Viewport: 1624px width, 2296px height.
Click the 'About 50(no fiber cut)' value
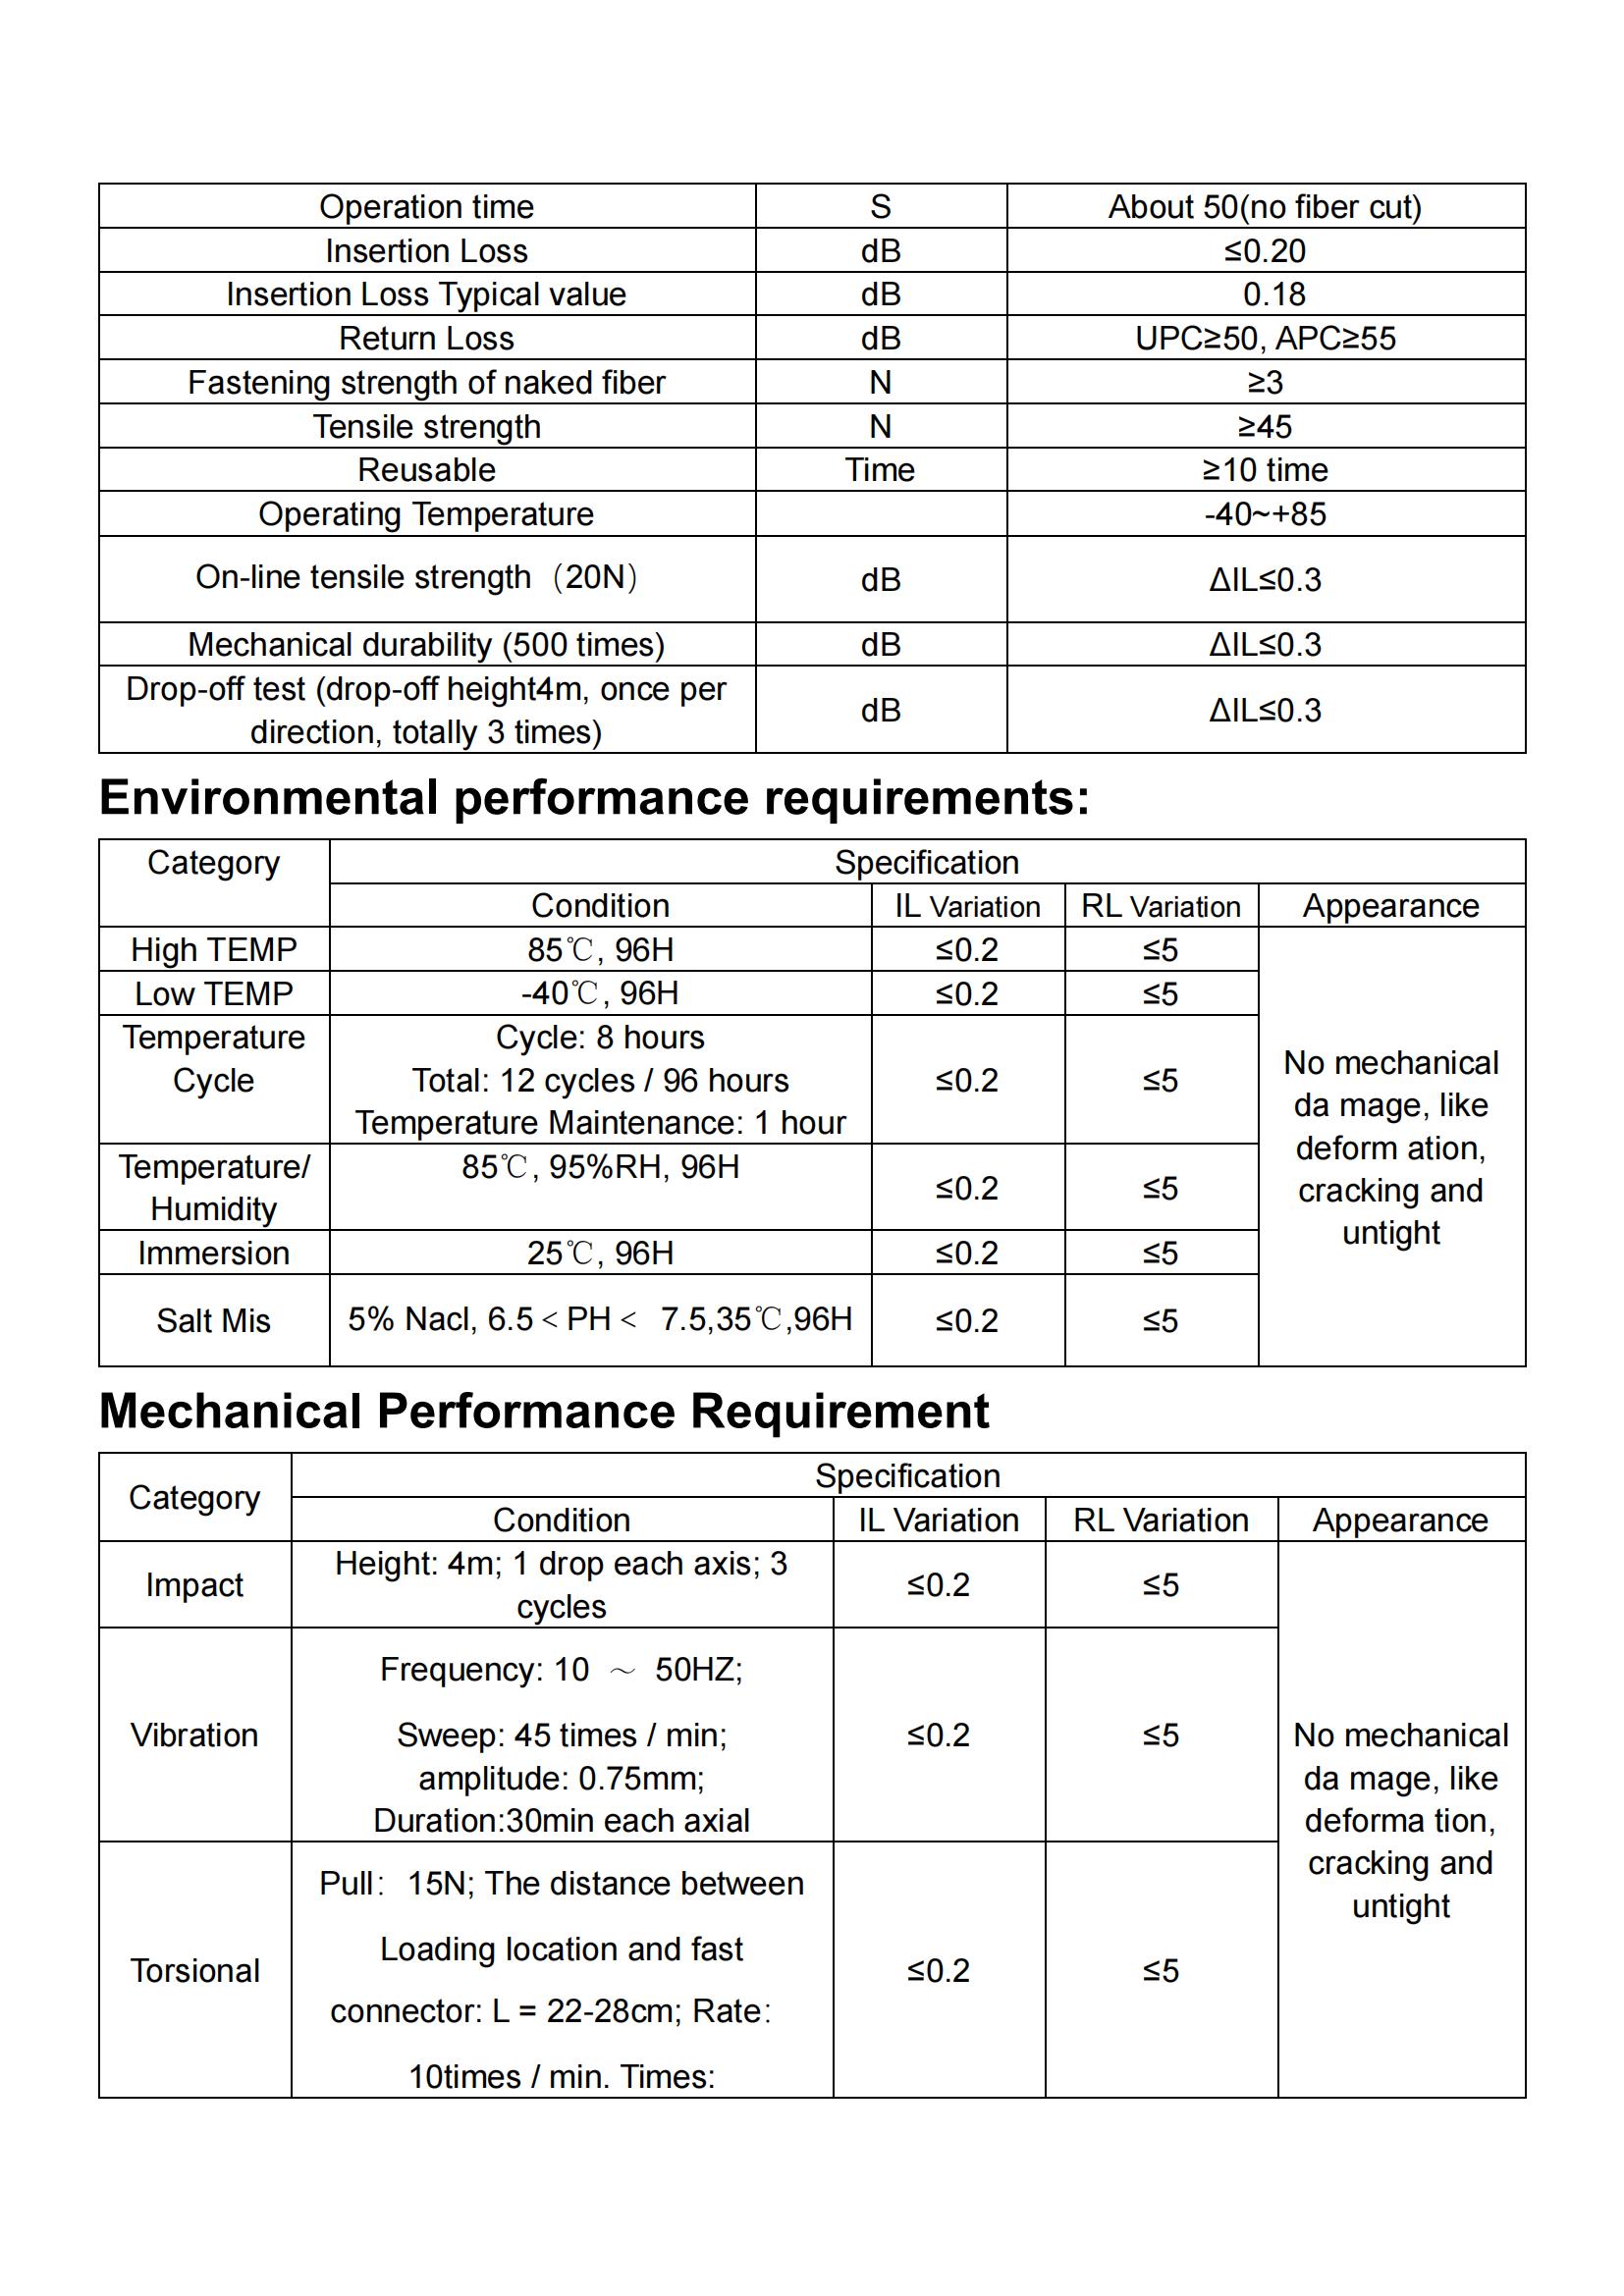1264,207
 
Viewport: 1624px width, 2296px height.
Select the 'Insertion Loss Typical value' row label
426,294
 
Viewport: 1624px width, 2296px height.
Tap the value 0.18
1274,294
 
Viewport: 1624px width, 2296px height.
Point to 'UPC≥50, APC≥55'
1264,338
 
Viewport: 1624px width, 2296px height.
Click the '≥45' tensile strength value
1264,427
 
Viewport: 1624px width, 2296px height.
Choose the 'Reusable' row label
426,470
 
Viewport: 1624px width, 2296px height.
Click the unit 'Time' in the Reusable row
879,470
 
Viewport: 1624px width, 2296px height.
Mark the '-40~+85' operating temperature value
1264,514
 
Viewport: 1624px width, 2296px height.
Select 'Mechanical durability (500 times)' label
426,645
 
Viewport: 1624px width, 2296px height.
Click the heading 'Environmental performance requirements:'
594,798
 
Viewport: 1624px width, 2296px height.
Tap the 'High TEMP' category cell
214,949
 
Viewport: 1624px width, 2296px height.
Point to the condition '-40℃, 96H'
600,993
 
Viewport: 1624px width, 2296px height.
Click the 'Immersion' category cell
214,1253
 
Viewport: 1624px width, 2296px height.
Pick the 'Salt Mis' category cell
214,1320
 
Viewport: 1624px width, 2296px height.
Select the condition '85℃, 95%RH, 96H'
600,1167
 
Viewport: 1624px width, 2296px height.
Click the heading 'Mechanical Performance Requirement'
544,1411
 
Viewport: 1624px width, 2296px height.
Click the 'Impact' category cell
195,1585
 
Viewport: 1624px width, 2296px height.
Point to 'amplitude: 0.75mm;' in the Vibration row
561,1778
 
